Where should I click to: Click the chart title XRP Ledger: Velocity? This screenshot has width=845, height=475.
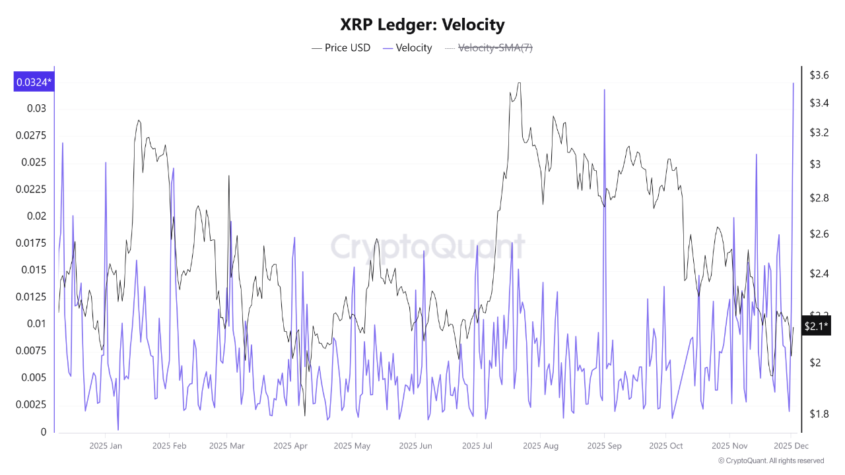pyautogui.click(x=422, y=24)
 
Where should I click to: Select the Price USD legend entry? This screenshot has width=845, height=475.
pyautogui.click(x=341, y=47)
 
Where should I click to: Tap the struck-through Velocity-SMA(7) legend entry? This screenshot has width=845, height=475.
pyautogui.click(x=488, y=47)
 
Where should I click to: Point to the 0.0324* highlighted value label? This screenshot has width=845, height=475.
pyautogui.click(x=34, y=82)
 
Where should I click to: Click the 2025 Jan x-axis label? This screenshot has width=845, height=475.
pyautogui.click(x=106, y=446)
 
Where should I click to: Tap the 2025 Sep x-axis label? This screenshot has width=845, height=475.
pyautogui.click(x=604, y=446)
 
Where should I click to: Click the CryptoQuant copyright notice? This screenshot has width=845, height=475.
pyautogui.click(x=770, y=460)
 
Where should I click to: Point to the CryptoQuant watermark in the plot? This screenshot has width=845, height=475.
pyautogui.click(x=428, y=247)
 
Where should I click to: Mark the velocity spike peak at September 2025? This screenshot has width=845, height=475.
pyautogui.click(x=604, y=90)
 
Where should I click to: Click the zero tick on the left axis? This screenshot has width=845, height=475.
pyautogui.click(x=44, y=432)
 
